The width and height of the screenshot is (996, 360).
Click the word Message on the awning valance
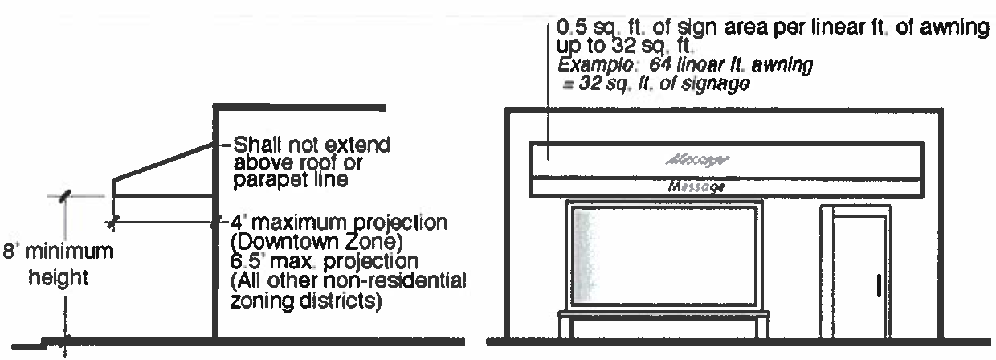[x=696, y=187]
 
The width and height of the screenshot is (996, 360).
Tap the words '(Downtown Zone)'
[x=294, y=241]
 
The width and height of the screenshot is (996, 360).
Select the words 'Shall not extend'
[x=309, y=146]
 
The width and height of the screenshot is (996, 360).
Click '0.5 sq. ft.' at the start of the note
[x=590, y=30]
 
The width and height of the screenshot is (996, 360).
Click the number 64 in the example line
[x=671, y=68]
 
